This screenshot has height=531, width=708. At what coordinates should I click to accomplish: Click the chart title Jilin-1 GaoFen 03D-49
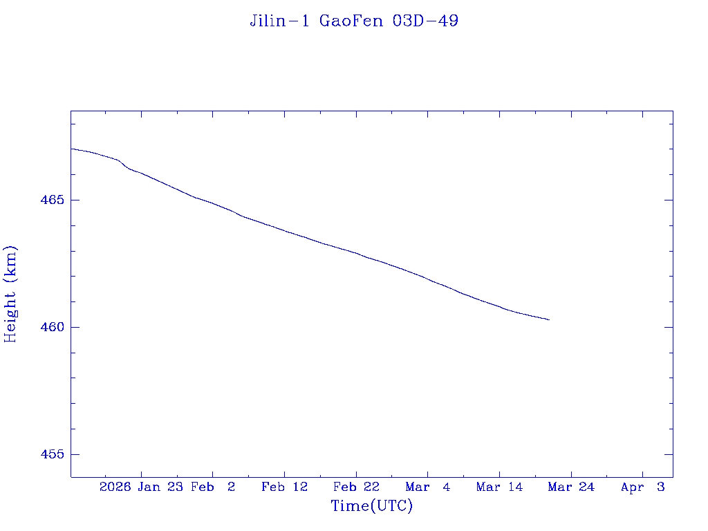[354, 21]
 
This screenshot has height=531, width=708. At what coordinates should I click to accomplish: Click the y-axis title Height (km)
[10, 294]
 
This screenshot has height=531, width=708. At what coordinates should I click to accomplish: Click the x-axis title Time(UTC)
[372, 506]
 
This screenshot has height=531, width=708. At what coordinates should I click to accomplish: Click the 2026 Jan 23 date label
[140, 487]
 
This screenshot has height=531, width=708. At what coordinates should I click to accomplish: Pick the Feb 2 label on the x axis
[213, 487]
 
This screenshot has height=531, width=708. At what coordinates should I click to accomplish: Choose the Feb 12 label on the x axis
[284, 487]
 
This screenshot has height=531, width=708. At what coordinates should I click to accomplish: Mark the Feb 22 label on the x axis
[356, 487]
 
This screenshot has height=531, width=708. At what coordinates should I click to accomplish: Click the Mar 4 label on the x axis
[428, 487]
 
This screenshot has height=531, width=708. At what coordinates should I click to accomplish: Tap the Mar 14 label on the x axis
[499, 487]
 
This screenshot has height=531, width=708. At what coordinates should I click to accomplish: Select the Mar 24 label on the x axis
[571, 487]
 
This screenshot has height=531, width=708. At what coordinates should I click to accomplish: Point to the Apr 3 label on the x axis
[643, 487]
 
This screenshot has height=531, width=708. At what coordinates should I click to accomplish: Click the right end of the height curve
[549, 319]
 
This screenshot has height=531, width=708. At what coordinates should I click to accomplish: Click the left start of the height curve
[72, 149]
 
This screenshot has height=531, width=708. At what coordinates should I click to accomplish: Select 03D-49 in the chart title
[425, 21]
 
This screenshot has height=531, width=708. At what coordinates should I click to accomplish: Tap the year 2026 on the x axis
[115, 487]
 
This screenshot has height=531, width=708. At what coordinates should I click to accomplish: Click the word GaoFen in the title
[353, 21]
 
